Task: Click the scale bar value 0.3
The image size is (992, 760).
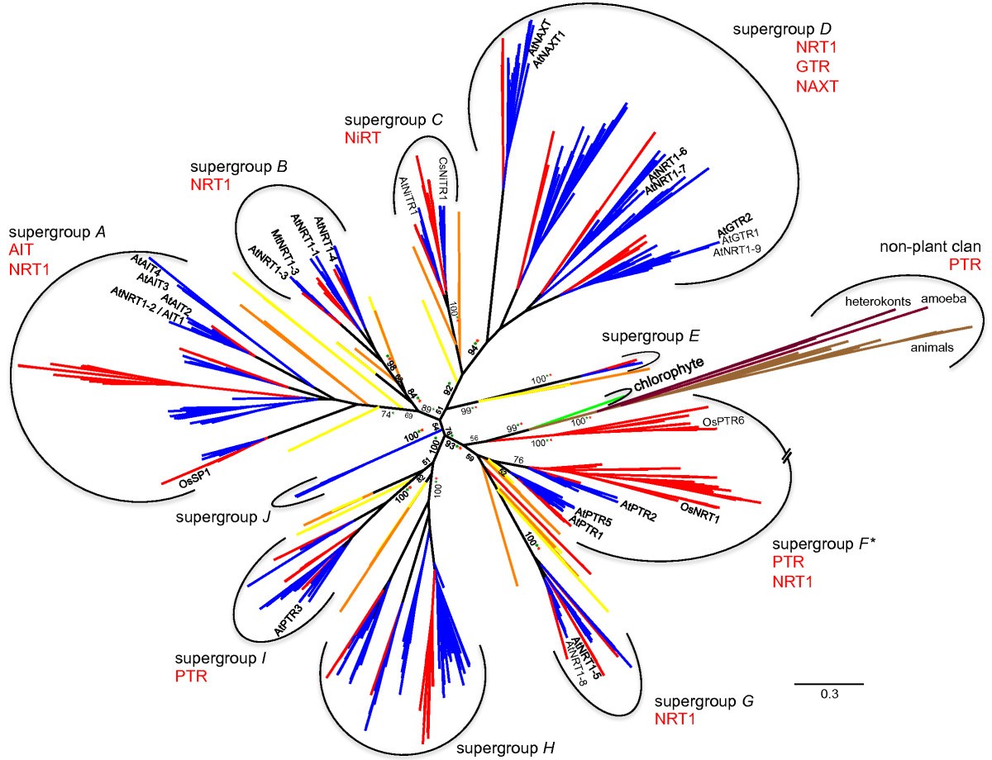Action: pyautogui.click(x=829, y=695)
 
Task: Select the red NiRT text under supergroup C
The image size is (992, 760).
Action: pyautogui.click(x=363, y=138)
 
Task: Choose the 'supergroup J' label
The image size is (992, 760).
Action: pyautogui.click(x=222, y=517)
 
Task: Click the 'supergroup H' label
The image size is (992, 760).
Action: pyautogui.click(x=505, y=748)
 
